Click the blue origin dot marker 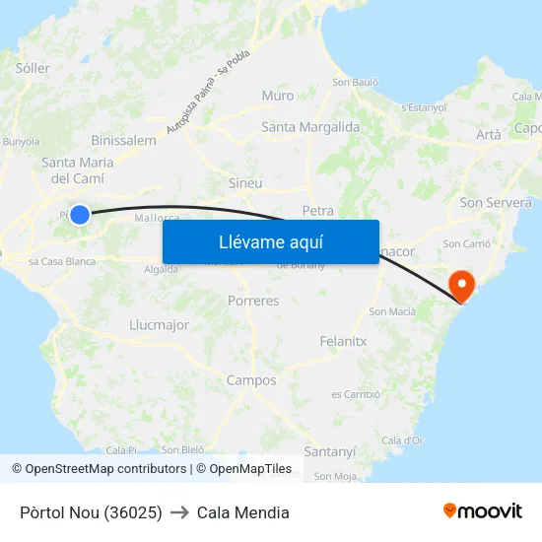80,214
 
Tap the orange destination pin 461,286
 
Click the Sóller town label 33,68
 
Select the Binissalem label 123,140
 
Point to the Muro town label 278,96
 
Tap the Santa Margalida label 310,126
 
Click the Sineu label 245,182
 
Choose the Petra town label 318,210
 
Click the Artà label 488,134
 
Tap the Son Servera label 496,202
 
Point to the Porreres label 253,301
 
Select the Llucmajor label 159,324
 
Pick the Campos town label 251,379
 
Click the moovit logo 482,510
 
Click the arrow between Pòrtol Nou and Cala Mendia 179,512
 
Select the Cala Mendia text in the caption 242,512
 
